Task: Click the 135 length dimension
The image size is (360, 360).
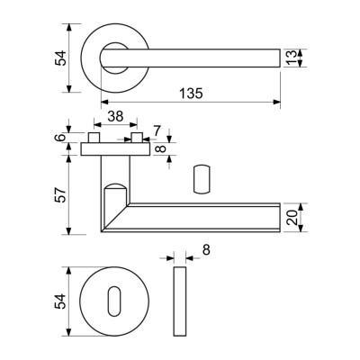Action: coord(191,94)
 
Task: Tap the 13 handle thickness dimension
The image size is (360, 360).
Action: coord(292,58)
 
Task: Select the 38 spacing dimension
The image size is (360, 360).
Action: coord(115,116)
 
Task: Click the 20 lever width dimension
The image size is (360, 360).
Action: coord(292,218)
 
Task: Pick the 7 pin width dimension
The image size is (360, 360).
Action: coord(157,130)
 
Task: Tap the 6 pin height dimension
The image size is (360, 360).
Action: coord(60,138)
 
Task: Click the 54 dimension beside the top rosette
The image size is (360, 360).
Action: coord(59,58)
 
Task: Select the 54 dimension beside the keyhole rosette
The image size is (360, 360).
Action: coord(59,301)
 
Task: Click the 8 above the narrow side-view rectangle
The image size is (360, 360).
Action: coord(206,249)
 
